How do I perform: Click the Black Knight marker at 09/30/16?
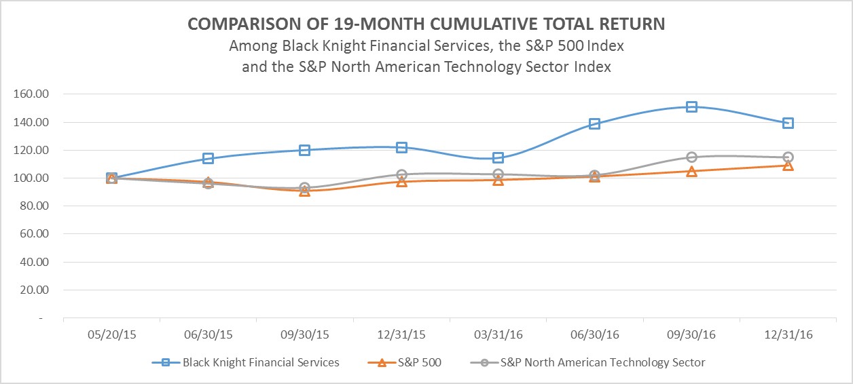(x=691, y=107)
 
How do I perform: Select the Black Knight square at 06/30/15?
(x=208, y=159)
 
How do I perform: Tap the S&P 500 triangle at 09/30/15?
(x=304, y=191)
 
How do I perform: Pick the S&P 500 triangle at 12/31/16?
(x=788, y=165)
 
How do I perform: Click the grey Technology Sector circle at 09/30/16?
(x=691, y=157)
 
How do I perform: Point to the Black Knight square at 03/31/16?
(x=498, y=157)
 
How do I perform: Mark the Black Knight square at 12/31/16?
(x=788, y=123)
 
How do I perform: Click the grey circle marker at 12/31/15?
(x=401, y=175)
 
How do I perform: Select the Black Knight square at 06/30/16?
(x=594, y=123)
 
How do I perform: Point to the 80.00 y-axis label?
(x=33, y=206)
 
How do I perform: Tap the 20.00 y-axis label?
(x=33, y=290)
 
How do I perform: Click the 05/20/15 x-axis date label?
(x=111, y=335)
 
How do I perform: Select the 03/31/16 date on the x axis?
(x=498, y=335)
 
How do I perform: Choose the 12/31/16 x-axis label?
(x=788, y=335)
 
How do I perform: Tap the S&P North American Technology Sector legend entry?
(x=602, y=362)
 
